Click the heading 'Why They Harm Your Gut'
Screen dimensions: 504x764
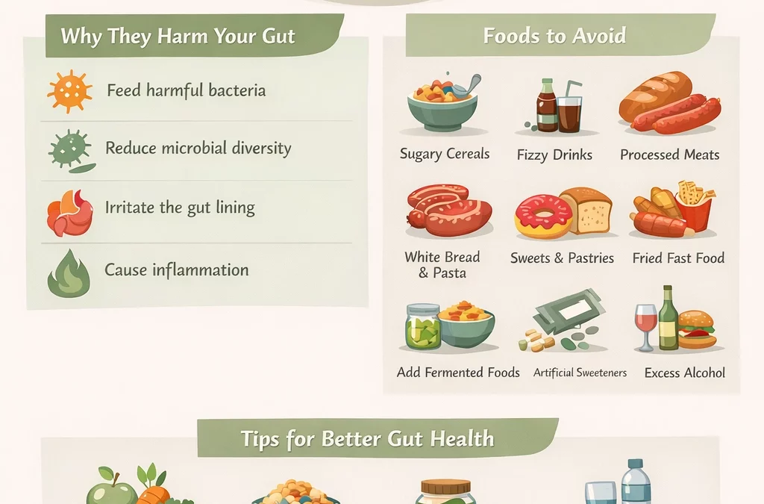click(178, 36)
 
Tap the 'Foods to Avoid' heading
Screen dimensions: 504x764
click(554, 36)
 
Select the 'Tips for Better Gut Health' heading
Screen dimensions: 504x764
click(367, 438)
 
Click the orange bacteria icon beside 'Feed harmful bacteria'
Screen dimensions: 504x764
click(69, 91)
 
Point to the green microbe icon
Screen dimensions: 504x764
click(69, 148)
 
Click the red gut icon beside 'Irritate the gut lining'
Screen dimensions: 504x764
click(69, 211)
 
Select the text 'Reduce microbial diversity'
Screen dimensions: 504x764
click(198, 148)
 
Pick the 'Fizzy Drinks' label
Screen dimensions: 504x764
click(554, 155)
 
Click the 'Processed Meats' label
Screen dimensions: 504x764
click(669, 155)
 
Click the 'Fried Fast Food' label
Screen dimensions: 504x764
click(678, 258)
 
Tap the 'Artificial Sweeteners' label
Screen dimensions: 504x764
click(580, 373)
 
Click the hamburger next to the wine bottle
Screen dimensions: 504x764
click(698, 330)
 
